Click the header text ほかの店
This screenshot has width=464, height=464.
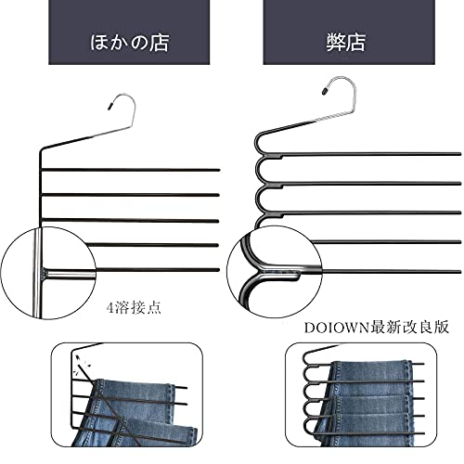(129, 43)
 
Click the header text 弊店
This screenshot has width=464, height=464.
(346, 43)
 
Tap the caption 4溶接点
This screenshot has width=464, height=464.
(134, 307)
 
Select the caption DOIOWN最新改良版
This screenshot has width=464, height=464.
(377, 328)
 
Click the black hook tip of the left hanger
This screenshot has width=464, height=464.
(110, 107)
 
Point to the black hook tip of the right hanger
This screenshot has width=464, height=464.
(325, 91)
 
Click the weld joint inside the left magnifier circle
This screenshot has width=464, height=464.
(44, 274)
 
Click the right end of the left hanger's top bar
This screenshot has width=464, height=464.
(218, 170)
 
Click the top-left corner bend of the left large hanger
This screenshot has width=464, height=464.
(41, 151)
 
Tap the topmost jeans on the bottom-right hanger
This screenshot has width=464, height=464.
(371, 370)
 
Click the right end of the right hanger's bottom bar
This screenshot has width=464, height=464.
(459, 272)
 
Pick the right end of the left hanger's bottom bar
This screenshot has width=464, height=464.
(218, 270)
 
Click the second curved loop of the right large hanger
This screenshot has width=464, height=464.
(257, 170)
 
